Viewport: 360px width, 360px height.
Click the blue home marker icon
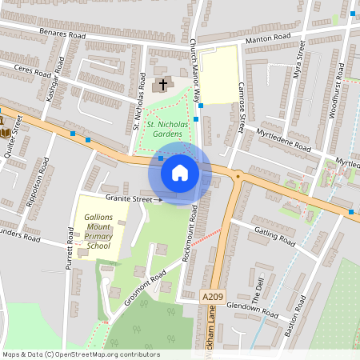[180, 172]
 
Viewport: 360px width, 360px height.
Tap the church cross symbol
[163, 83]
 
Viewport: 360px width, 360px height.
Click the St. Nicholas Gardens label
[158, 129]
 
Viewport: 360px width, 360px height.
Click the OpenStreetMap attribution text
[81, 354]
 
